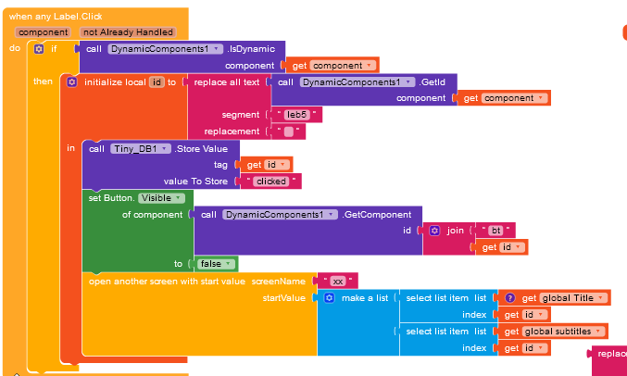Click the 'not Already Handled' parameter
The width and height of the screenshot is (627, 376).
coord(128,31)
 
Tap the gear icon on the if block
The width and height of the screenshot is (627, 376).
coord(39,49)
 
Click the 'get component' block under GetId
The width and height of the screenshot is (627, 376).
coord(504,98)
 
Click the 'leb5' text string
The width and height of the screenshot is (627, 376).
coord(297,115)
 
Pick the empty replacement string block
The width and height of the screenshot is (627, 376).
coord(290,132)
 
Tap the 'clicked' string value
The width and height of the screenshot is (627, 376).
coord(270,182)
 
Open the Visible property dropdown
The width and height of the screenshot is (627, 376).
coord(163,198)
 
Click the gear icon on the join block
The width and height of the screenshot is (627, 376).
coord(435,231)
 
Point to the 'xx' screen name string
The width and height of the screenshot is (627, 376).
coord(338,281)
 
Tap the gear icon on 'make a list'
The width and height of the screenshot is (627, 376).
coord(328,297)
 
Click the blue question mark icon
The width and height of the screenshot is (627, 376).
coord(508,297)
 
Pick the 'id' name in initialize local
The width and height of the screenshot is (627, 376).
coord(157,82)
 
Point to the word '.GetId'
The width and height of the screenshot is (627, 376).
coord(428,82)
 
